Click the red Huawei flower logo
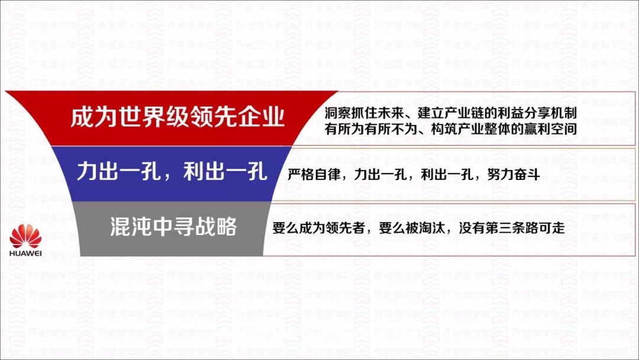pos(25,236)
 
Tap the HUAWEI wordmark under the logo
pos(25,253)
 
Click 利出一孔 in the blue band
pos(225,171)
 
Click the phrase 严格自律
pos(314,175)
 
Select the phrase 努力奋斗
pos(514,175)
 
